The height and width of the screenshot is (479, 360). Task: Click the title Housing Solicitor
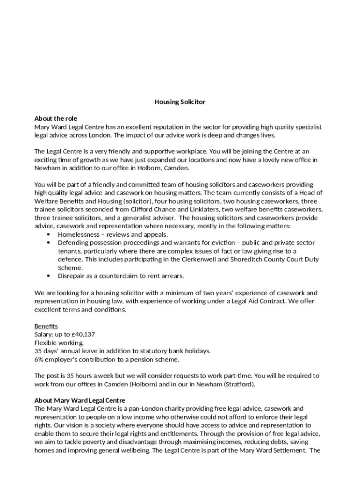click(180, 102)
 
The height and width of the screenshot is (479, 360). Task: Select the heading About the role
click(56, 118)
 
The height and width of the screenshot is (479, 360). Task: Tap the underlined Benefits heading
click(46, 326)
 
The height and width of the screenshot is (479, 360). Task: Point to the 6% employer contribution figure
click(39, 360)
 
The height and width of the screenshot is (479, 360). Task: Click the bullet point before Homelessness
click(49, 234)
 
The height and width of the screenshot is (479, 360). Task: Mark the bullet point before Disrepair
click(49, 276)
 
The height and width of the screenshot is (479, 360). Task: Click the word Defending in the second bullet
click(73, 243)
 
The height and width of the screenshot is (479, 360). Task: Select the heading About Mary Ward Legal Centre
click(79, 400)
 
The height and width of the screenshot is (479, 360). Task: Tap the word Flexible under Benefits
click(46, 343)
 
